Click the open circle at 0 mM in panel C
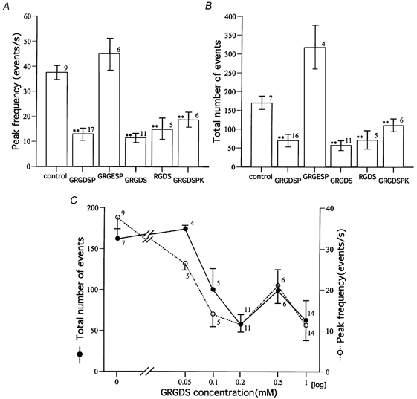(117, 218)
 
